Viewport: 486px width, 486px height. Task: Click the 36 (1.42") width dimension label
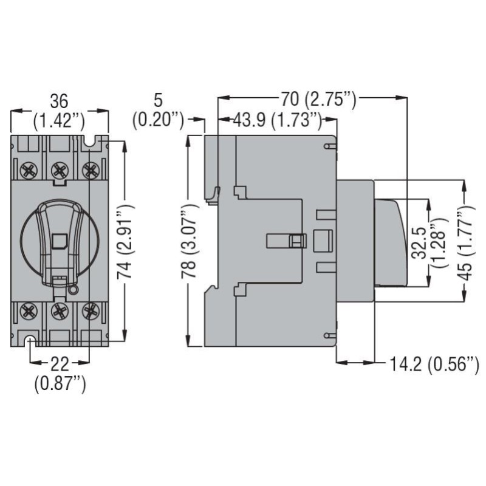pos(60,110)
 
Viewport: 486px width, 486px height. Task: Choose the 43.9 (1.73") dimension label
pos(277,120)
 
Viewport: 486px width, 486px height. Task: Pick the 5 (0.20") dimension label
pos(159,110)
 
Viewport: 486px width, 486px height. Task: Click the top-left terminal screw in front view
pos(29,169)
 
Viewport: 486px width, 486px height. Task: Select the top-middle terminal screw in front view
pos(59,169)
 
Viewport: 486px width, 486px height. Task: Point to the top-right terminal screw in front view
pos(90,169)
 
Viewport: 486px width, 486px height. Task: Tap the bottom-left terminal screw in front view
pos(29,312)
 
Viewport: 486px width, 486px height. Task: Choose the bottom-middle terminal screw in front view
pos(59,312)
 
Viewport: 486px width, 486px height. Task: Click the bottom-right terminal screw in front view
pos(90,312)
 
